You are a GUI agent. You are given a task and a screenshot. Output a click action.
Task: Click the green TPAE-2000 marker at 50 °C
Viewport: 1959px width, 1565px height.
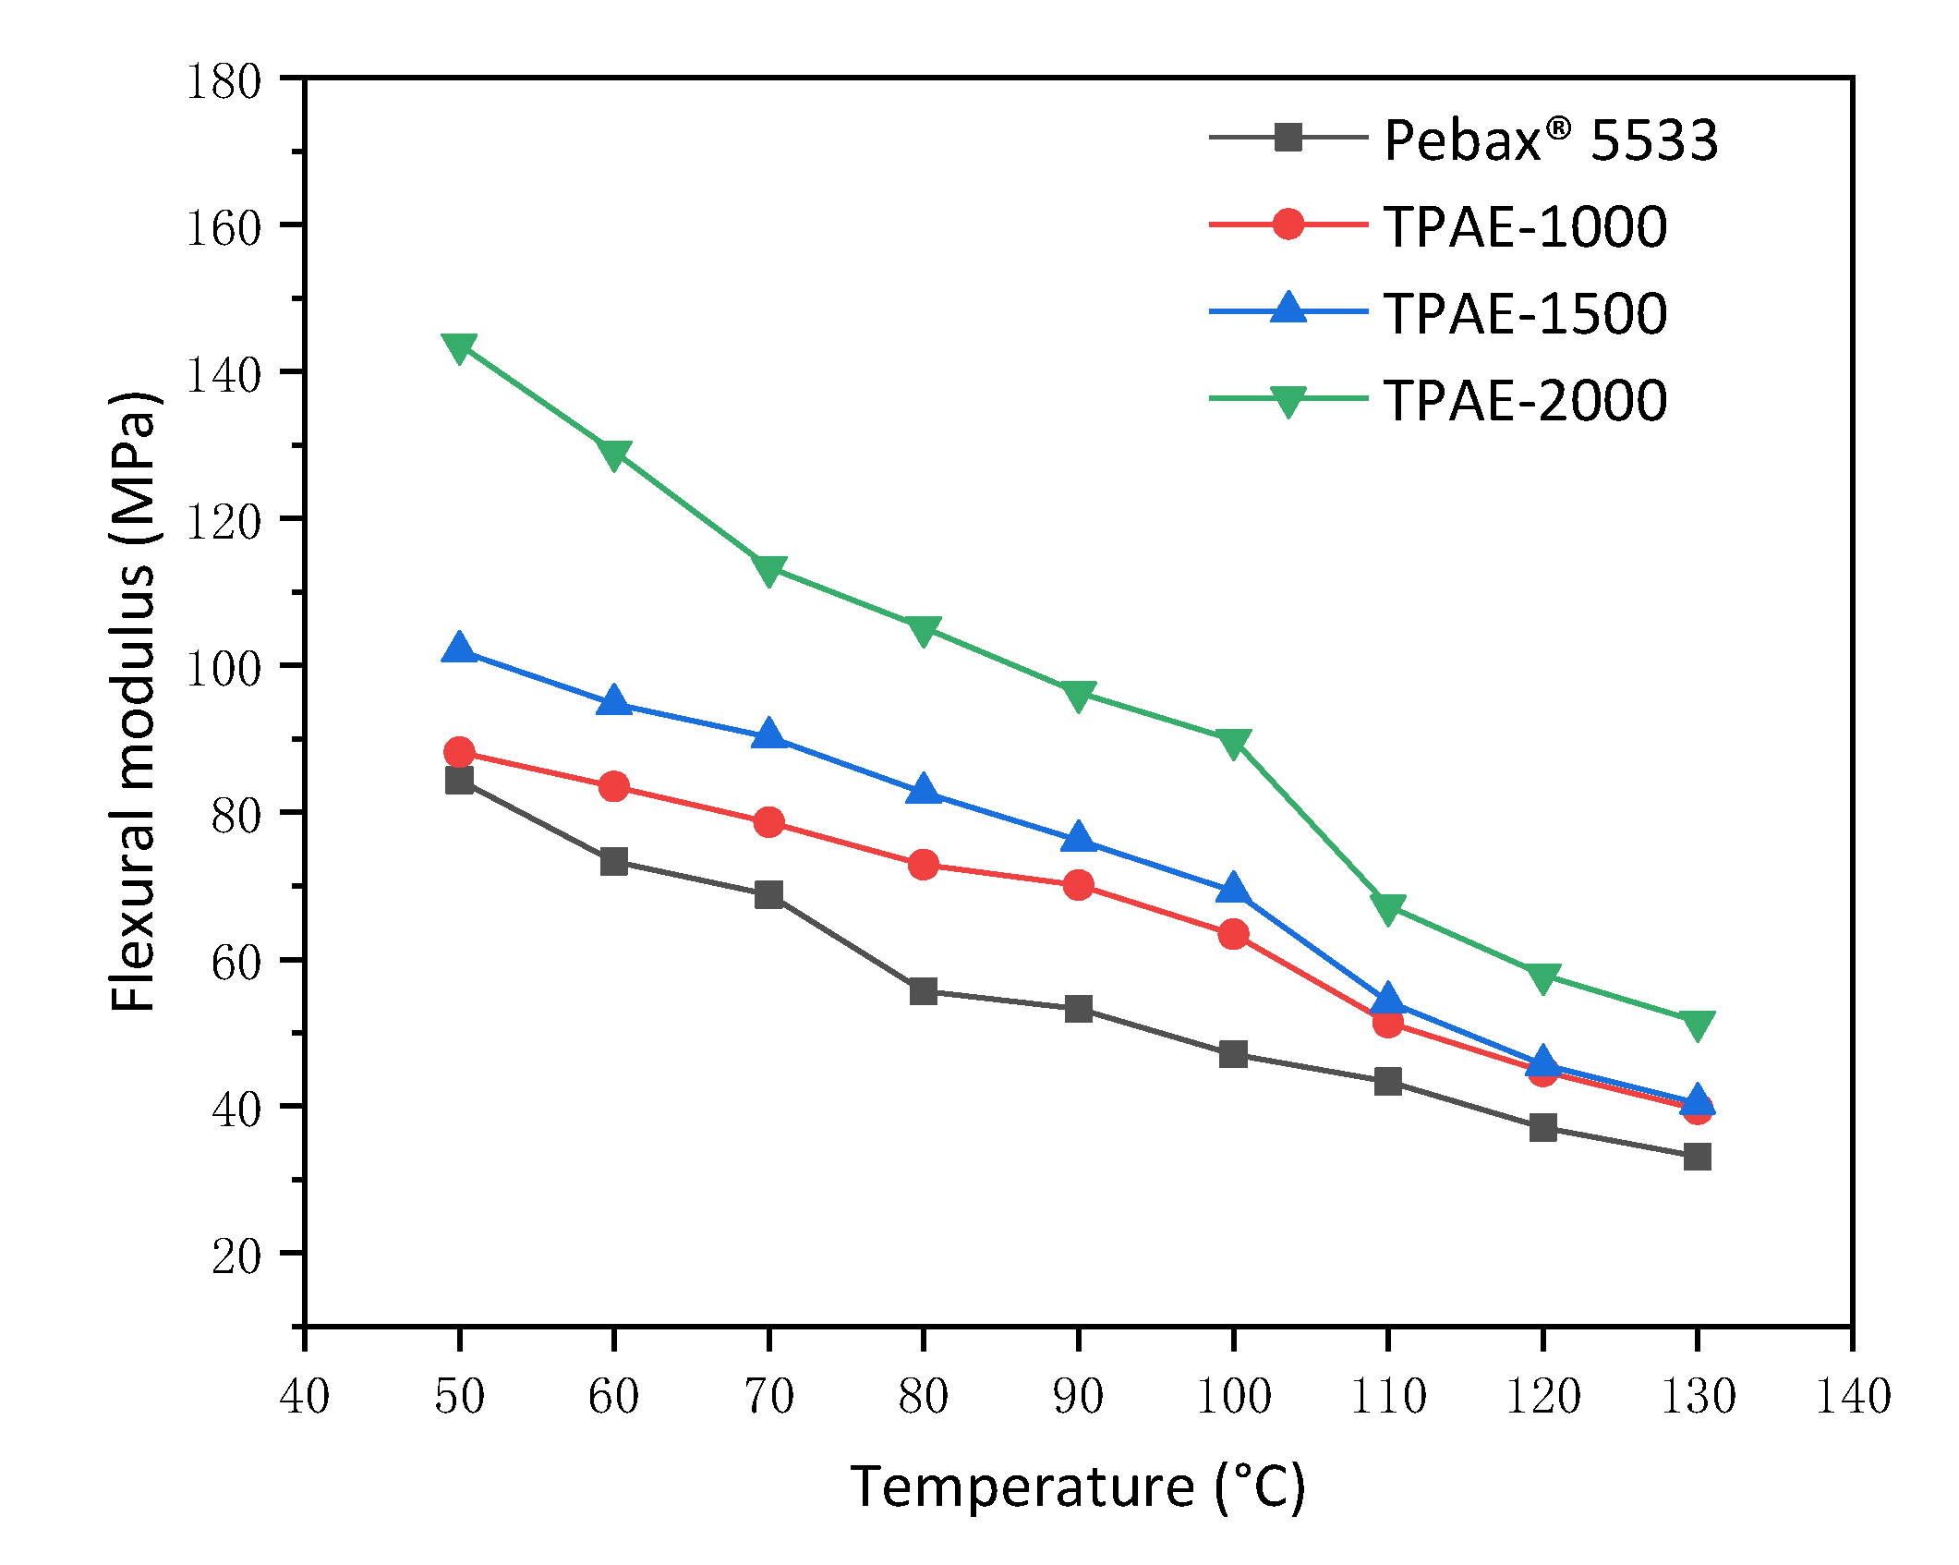459,346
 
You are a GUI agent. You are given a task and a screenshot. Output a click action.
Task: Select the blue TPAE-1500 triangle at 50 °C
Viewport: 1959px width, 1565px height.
459,649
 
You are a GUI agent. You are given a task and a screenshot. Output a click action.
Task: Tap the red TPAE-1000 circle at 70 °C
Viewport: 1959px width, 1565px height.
768,822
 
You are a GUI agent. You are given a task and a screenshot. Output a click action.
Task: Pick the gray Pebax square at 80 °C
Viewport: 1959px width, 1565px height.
924,991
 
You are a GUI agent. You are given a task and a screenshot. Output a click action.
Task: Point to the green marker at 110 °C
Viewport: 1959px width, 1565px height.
1388,907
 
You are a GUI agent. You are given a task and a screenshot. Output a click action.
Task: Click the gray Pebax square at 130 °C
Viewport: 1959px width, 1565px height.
1698,1156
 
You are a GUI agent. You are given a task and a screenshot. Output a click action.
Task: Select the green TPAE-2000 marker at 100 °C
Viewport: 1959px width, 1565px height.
1233,742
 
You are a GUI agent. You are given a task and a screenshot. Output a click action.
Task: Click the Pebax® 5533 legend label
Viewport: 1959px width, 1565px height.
1551,140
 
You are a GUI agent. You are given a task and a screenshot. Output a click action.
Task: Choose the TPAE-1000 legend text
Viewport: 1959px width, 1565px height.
1525,227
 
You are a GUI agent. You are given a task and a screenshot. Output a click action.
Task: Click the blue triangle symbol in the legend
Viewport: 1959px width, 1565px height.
1288,309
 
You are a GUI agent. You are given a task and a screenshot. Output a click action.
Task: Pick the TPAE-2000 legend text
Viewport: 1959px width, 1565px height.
1525,401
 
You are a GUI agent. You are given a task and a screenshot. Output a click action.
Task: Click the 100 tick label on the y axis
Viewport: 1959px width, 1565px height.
224,668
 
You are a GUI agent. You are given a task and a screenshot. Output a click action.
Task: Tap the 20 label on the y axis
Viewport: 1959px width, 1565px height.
236,1256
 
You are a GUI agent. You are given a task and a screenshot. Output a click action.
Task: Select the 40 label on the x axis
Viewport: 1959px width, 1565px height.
305,1395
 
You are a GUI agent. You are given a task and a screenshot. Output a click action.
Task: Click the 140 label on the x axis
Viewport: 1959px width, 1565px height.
1853,1395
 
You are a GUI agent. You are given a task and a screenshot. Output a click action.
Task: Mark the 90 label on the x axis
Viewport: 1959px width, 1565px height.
1078,1395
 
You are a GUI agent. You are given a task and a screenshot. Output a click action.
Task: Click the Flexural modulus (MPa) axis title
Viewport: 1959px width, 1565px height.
132,702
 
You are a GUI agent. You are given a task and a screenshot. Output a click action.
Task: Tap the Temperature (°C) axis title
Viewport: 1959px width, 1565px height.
1078,1487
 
